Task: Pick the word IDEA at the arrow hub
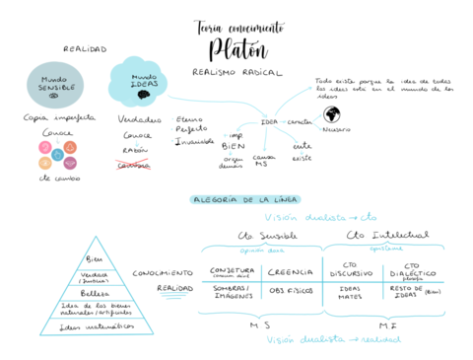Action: [x=269, y=121]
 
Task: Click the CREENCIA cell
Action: [x=292, y=271]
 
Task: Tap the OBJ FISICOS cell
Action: [x=292, y=291]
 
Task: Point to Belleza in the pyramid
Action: [x=95, y=292]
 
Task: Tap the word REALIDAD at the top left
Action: [x=85, y=48]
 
